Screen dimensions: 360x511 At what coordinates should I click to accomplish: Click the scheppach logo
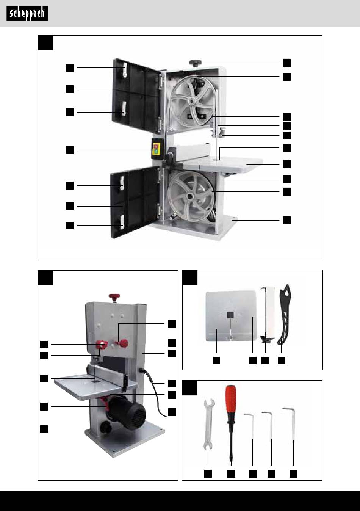tap(27, 14)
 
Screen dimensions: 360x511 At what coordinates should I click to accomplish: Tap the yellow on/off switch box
tap(157, 149)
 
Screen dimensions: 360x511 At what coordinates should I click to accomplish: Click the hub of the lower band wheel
tap(189, 196)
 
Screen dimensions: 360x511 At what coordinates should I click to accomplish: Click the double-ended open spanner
tap(208, 425)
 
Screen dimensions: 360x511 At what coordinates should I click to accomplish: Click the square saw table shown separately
tap(231, 316)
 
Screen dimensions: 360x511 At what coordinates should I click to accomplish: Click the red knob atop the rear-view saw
tap(114, 296)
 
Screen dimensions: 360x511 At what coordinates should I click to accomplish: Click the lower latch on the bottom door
tap(122, 221)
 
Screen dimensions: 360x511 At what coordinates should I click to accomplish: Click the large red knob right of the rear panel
tap(124, 343)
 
